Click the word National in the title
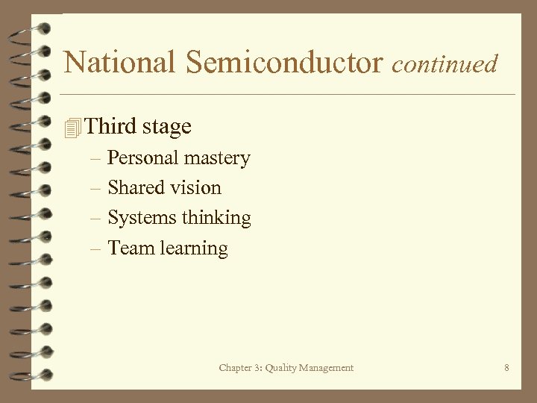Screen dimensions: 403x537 pyautogui.click(x=120, y=63)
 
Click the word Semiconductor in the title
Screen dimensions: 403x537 pyautogui.click(x=284, y=63)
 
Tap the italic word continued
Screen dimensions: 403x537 pyautogui.click(x=445, y=64)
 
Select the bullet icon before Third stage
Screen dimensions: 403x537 pyautogui.click(x=72, y=128)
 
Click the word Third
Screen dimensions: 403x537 pyautogui.click(x=111, y=126)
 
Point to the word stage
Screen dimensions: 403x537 pyautogui.click(x=167, y=128)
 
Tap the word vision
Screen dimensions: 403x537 pyautogui.click(x=196, y=188)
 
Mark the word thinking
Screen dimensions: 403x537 pyautogui.click(x=217, y=219)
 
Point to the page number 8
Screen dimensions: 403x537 pyautogui.click(x=506, y=367)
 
